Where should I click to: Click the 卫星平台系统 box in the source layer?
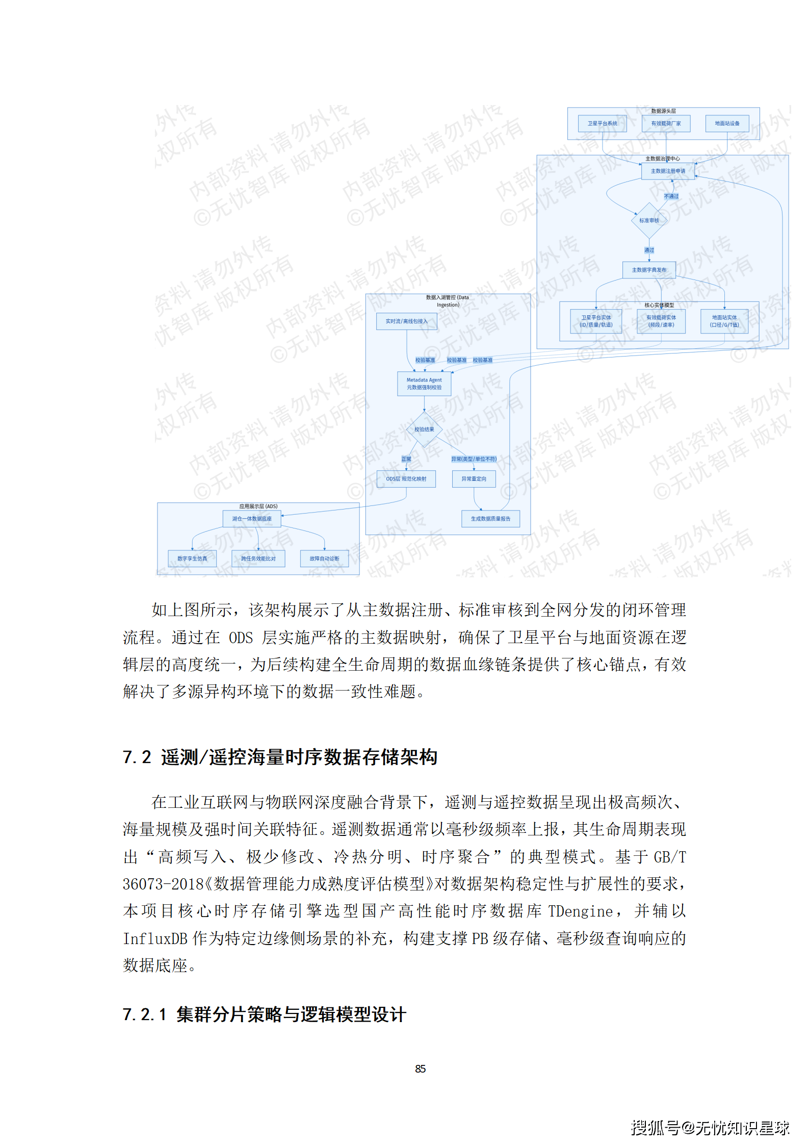tap(602, 123)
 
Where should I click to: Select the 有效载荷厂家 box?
tap(666, 123)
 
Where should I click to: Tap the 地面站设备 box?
tap(727, 123)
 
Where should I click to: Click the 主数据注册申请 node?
tap(668, 171)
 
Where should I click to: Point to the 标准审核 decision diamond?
tap(649, 220)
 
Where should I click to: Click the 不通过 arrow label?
tap(671, 196)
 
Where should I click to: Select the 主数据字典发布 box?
tap(649, 270)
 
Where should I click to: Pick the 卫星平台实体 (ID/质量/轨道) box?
tap(596, 321)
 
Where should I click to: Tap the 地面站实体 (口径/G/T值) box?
tap(724, 321)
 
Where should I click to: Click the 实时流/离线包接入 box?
tap(406, 321)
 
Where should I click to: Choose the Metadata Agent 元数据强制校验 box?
tap(424, 384)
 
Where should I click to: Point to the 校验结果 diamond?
tap(424, 429)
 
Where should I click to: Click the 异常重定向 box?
tap(474, 479)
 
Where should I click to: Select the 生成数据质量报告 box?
tap(490, 519)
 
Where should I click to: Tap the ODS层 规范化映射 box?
tap(406, 479)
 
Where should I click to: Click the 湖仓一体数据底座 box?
tap(252, 519)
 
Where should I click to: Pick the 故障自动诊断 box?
tap(324, 558)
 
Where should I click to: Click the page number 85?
tap(420, 1068)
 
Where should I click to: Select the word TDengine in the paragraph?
tap(580, 911)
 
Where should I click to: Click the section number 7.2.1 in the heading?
tap(145, 1014)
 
